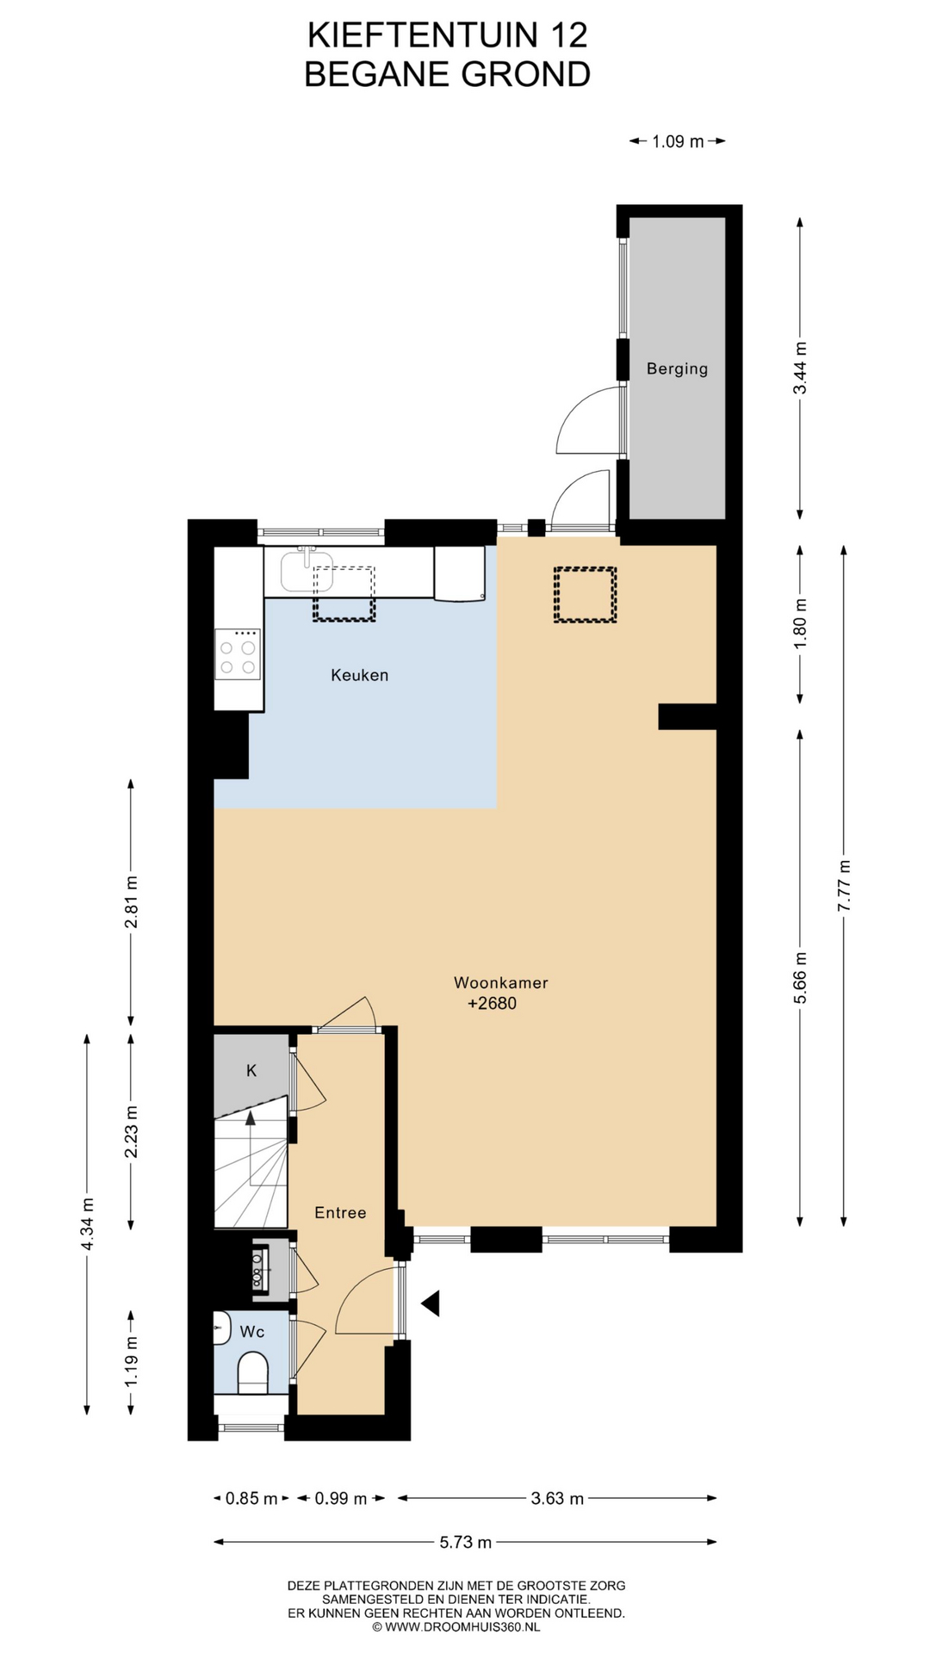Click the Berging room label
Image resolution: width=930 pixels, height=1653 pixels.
(x=677, y=368)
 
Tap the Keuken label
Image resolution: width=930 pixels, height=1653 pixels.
(x=359, y=675)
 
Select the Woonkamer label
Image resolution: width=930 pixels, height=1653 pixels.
(x=500, y=982)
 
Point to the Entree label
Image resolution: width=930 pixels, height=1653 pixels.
(x=340, y=1212)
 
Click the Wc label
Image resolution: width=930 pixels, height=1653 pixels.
(x=251, y=1332)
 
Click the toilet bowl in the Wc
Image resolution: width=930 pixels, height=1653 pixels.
(x=252, y=1372)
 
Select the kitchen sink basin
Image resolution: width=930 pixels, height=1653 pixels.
(x=306, y=572)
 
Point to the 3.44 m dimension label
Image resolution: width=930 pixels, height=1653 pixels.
(x=800, y=368)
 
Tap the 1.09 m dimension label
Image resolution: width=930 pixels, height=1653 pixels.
(x=678, y=141)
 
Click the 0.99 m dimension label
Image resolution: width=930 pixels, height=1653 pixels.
(x=340, y=1499)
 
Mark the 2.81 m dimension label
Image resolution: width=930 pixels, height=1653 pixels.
(x=131, y=901)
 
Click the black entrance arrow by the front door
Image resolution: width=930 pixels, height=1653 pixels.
(x=430, y=1303)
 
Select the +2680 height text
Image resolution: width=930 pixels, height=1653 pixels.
(x=492, y=1003)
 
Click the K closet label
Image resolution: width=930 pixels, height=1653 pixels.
(x=251, y=1071)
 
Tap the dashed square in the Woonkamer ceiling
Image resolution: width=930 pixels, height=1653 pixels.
(x=585, y=595)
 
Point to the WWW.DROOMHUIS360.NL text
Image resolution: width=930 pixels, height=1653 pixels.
(x=462, y=1627)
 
